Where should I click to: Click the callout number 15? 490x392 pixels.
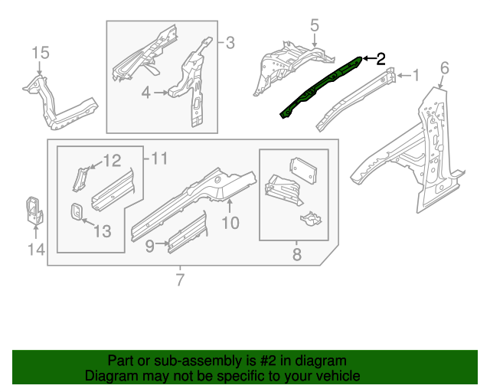pyautogui.click(x=40, y=52)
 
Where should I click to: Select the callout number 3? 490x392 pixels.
pyautogui.click(x=230, y=42)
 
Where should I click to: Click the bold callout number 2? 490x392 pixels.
pyautogui.click(x=381, y=59)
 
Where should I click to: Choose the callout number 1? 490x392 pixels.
pyautogui.click(x=416, y=75)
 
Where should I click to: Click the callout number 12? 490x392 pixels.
pyautogui.click(x=112, y=161)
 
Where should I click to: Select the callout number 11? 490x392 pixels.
pyautogui.click(x=158, y=158)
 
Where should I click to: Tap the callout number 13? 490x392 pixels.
pyautogui.click(x=101, y=231)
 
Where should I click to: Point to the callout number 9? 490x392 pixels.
pyautogui.click(x=150, y=245)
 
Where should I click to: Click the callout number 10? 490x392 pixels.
pyautogui.click(x=230, y=223)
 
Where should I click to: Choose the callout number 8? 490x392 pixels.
pyautogui.click(x=297, y=253)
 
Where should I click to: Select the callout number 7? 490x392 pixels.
pyautogui.click(x=180, y=280)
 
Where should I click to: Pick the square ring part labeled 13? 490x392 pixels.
pyautogui.click(x=77, y=211)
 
